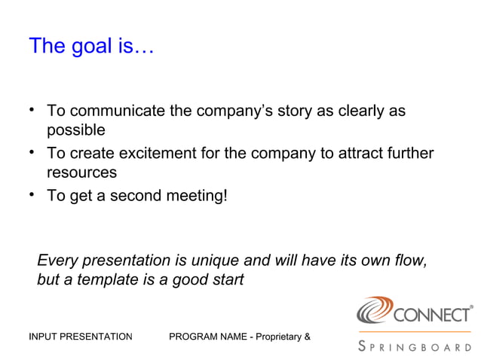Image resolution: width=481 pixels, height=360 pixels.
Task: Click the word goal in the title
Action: click(91, 47)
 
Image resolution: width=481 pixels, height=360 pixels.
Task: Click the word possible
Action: click(76, 130)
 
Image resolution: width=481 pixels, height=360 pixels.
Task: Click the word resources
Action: click(81, 172)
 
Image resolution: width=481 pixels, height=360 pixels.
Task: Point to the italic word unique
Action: click(213, 261)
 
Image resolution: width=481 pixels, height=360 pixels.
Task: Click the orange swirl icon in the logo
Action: click(375, 311)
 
